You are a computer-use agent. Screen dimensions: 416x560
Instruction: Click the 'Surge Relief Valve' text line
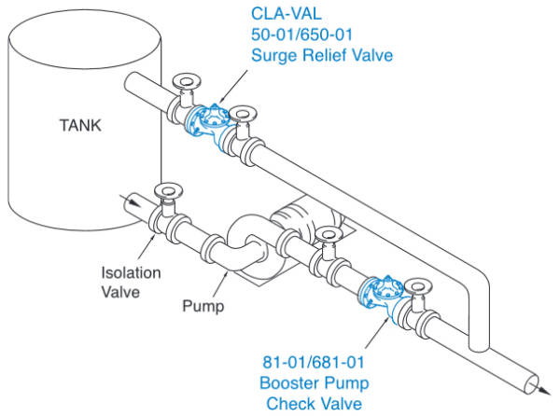[322, 55]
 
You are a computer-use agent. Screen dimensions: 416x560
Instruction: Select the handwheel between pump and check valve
[328, 233]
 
